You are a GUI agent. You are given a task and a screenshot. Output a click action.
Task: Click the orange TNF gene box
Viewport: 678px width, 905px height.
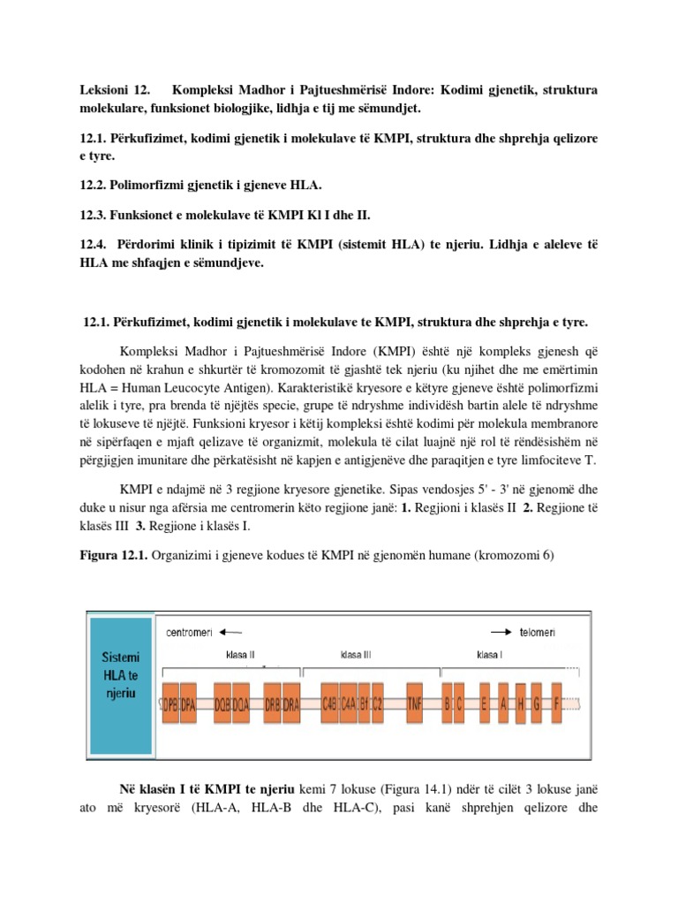(415, 703)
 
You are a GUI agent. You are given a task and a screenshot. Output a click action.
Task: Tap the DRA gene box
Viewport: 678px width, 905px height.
(292, 703)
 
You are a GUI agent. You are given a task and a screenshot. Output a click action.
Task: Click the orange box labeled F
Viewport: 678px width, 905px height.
(556, 703)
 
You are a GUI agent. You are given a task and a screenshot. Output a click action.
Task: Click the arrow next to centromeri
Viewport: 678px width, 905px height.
(230, 633)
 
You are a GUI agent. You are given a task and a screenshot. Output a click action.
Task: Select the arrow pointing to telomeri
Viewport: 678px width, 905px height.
(502, 633)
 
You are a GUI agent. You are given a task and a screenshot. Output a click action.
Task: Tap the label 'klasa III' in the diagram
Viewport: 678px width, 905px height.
(356, 657)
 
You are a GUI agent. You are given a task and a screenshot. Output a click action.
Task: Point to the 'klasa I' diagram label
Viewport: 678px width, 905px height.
(490, 657)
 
